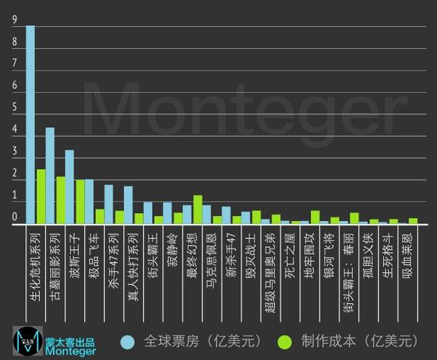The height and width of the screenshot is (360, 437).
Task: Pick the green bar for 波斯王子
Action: [x=80, y=202]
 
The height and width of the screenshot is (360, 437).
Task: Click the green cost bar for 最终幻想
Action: [x=197, y=210]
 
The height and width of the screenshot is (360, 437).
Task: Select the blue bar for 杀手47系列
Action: [x=109, y=204]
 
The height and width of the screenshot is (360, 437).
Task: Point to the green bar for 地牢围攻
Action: [x=315, y=217]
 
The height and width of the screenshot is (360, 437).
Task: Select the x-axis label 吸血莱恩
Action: [x=407, y=249]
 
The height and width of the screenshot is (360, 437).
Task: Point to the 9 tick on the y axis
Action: [x=14, y=22]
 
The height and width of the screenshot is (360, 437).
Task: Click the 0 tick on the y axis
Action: [x=14, y=217]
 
